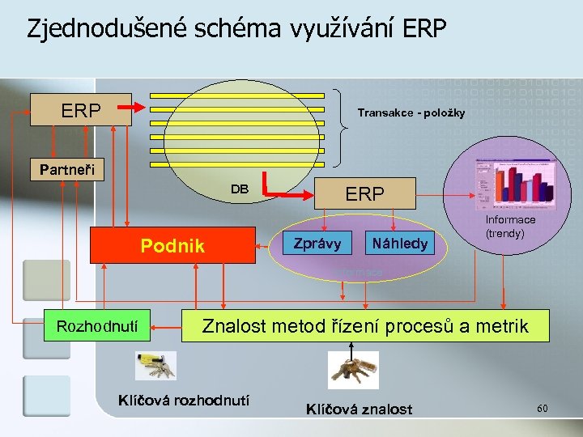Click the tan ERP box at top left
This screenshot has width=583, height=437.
click(81, 110)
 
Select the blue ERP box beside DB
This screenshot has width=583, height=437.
click(364, 194)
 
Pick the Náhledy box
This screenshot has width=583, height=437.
click(399, 242)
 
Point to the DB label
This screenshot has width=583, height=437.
click(240, 189)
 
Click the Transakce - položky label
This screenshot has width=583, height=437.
click(411, 112)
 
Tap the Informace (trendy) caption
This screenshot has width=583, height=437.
click(510, 226)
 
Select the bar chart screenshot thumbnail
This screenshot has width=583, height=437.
click(513, 182)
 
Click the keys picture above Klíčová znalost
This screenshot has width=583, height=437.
click(353, 370)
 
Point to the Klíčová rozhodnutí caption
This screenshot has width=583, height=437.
click(184, 400)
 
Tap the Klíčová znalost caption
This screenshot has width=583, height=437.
click(359, 409)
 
